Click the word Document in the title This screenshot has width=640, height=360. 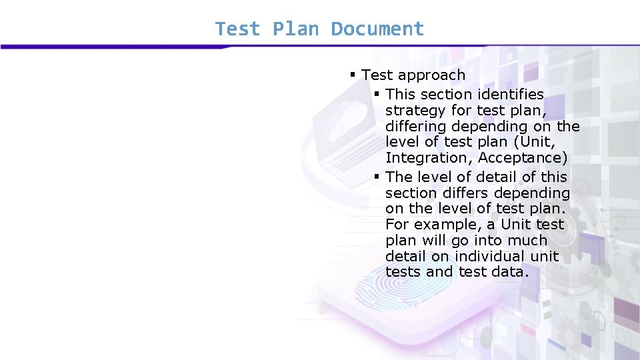pyautogui.click(x=377, y=29)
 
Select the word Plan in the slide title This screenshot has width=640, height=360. pyautogui.click(x=296, y=29)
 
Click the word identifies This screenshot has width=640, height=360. pyautogui.click(x=511, y=95)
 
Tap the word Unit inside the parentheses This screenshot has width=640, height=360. pyautogui.click(x=537, y=142)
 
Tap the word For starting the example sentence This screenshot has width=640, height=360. pyautogui.click(x=397, y=225)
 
